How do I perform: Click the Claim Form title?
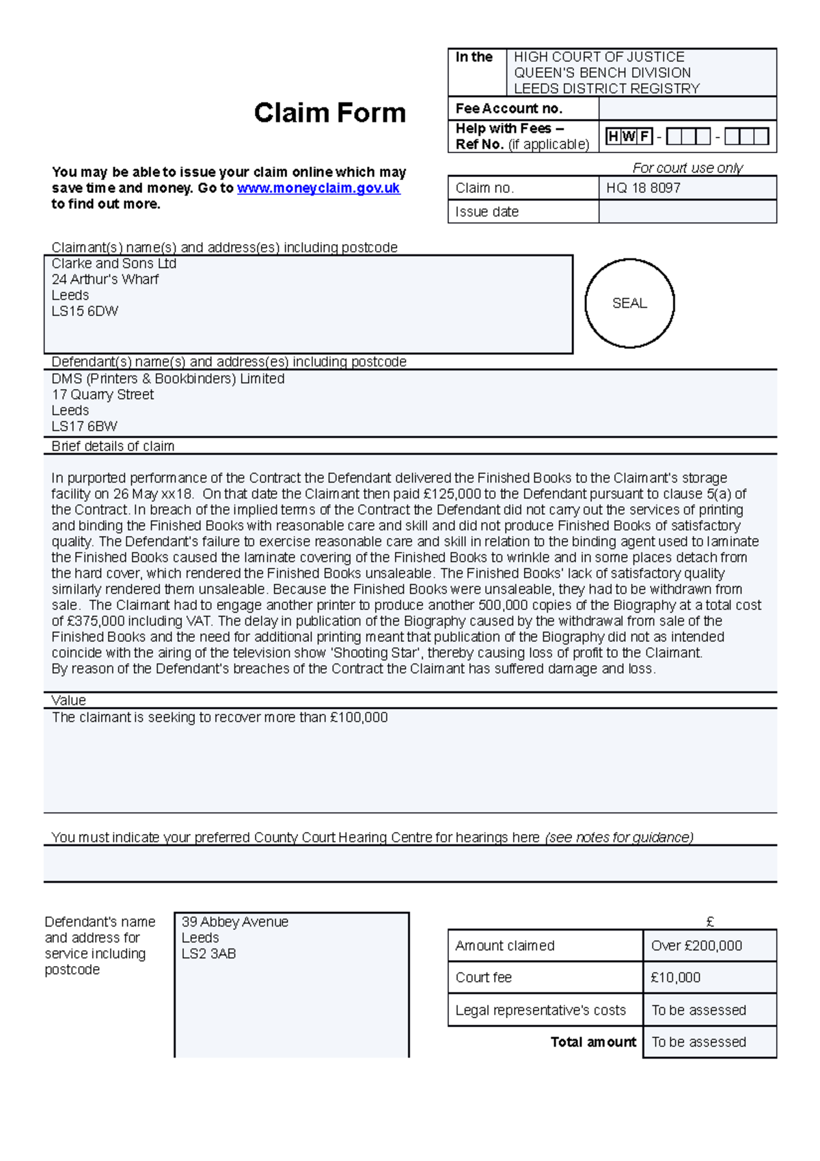tap(329, 113)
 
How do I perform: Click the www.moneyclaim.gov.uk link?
tap(318, 188)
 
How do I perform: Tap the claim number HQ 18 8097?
tap(643, 188)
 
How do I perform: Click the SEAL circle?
tap(629, 303)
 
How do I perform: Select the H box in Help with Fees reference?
tap(613, 137)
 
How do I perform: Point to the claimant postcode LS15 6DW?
tap(85, 311)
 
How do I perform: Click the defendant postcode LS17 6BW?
tap(84, 427)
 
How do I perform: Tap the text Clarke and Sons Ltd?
tap(113, 263)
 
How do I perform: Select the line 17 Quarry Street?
tap(102, 395)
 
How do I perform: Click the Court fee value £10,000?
tap(675, 978)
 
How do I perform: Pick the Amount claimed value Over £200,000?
tap(696, 946)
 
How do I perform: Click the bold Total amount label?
tap(593, 1042)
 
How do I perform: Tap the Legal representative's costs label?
tap(540, 1010)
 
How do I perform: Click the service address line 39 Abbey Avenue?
tap(234, 922)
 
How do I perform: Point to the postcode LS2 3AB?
tap(208, 954)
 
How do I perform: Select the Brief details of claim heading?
tap(113, 446)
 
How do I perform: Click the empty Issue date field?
tap(687, 212)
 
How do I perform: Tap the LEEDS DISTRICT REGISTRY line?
tap(606, 88)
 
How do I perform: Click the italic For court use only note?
tap(687, 168)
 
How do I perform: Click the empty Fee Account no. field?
tap(687, 109)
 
